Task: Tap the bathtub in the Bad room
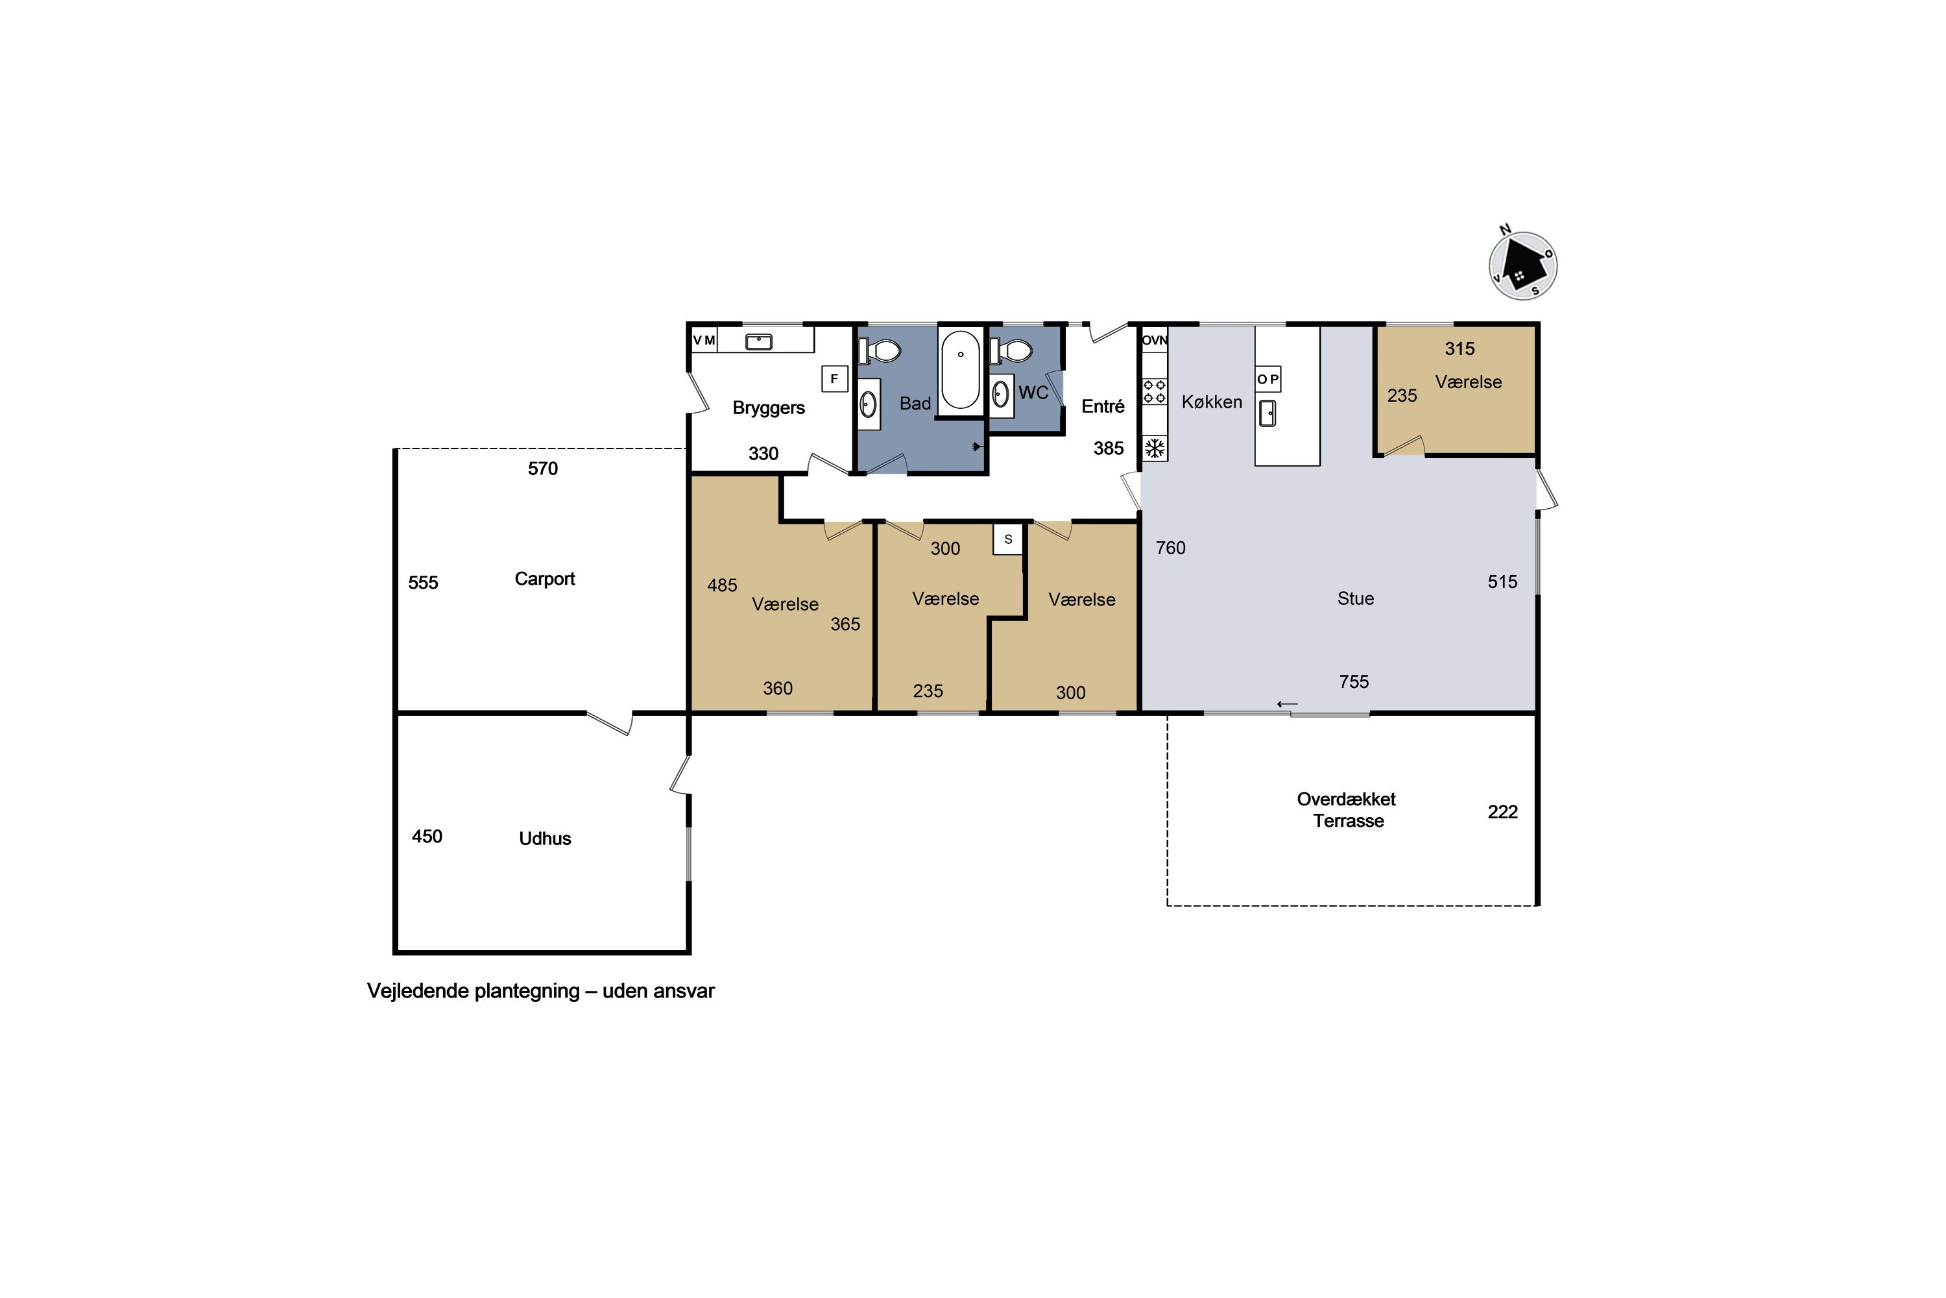click(961, 370)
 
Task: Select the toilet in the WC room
click(1012, 352)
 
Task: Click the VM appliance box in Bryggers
click(704, 340)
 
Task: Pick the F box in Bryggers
click(834, 378)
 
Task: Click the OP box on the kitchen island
click(1268, 379)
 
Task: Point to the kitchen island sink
click(1267, 412)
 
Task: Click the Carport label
click(544, 579)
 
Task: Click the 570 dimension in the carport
click(543, 469)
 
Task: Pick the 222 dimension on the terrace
click(1502, 812)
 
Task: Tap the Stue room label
click(1355, 598)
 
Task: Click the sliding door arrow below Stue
click(1288, 704)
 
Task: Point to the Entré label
click(1103, 406)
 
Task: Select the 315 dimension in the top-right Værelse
click(1459, 349)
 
